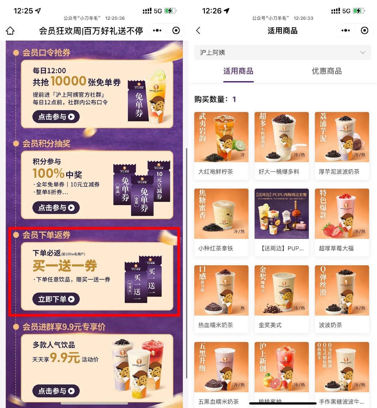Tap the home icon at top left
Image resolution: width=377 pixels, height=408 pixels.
pos(10,31)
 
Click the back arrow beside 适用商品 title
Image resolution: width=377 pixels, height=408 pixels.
pos(198,30)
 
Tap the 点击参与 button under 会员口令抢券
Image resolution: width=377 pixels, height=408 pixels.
pos(56,117)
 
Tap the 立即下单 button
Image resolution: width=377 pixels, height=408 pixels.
pos(56,299)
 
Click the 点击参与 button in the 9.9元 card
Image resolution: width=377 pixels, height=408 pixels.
pos(56,391)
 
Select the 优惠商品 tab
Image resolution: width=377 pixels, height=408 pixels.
pos(326,71)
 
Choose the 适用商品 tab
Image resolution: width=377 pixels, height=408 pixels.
pos(238,71)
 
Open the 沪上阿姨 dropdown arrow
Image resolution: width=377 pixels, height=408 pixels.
pos(363,52)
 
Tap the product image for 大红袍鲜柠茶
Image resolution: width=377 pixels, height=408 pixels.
pos(221,137)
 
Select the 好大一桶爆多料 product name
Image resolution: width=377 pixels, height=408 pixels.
pos(279,172)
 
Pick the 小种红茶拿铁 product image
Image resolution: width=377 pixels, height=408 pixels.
pos(221,214)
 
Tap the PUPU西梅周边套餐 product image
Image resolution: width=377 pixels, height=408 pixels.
pos(281,214)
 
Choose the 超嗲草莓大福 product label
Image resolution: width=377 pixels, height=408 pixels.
pos(336,248)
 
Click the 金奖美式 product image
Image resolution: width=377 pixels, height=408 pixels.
pos(281,290)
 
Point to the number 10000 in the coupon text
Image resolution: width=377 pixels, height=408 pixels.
pos(68,81)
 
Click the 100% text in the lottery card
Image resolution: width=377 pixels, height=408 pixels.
pos(48,173)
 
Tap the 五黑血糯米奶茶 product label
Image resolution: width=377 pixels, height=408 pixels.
pos(218,402)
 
